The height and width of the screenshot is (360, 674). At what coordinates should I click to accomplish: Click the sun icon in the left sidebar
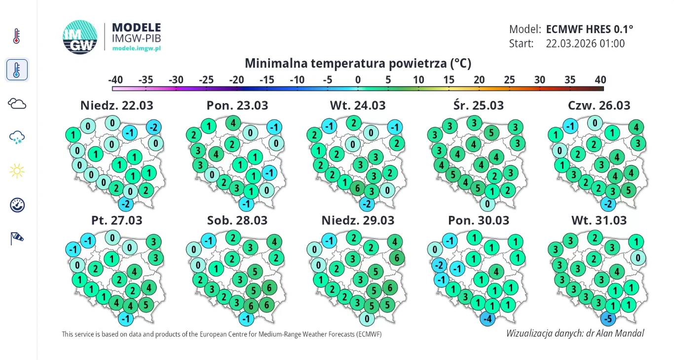(x=17, y=171)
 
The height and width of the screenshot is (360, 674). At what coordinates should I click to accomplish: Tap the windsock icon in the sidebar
(x=17, y=239)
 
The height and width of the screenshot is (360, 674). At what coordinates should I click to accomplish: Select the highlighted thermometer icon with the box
(x=17, y=70)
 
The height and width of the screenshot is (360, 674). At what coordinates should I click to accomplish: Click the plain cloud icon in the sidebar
(x=17, y=104)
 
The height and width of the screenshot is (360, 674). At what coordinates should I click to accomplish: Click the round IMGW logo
(x=80, y=37)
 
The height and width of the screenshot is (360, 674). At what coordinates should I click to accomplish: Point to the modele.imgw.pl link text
(x=137, y=48)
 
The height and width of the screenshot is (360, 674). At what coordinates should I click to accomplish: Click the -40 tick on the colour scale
(x=115, y=80)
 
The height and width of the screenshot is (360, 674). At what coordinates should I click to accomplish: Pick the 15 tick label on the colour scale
(x=449, y=80)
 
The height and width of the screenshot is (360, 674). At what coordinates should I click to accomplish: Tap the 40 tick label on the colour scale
(x=600, y=80)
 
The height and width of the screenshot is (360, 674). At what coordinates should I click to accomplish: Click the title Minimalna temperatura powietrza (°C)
(x=358, y=63)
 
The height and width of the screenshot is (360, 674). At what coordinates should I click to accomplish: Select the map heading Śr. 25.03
(x=478, y=106)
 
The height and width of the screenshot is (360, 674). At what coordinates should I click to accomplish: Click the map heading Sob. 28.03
(x=237, y=220)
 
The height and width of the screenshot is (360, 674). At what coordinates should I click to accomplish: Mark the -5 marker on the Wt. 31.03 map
(x=608, y=319)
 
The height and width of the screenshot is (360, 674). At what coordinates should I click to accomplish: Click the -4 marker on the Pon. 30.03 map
(x=487, y=319)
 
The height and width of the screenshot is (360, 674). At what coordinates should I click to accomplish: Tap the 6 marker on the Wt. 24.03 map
(x=358, y=187)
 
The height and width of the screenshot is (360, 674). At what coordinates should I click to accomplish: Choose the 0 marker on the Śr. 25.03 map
(x=487, y=204)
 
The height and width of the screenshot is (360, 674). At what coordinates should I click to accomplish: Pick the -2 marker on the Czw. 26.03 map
(x=608, y=204)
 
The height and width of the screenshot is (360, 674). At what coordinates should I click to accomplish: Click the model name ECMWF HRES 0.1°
(x=589, y=29)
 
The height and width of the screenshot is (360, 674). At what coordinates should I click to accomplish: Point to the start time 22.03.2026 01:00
(x=585, y=43)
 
